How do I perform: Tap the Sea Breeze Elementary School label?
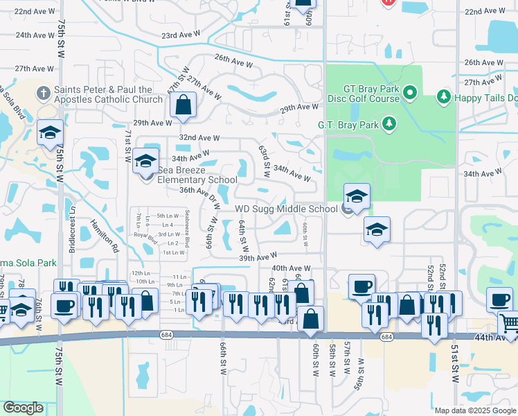(x=188, y=175)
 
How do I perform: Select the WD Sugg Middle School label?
(x=286, y=209)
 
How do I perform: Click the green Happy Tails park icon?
(x=443, y=97)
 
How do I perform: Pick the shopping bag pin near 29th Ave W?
(x=183, y=106)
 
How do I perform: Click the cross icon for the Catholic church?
(x=43, y=92)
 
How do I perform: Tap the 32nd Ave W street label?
(x=199, y=138)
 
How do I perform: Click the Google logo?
(x=23, y=408)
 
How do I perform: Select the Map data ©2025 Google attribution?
(x=474, y=410)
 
